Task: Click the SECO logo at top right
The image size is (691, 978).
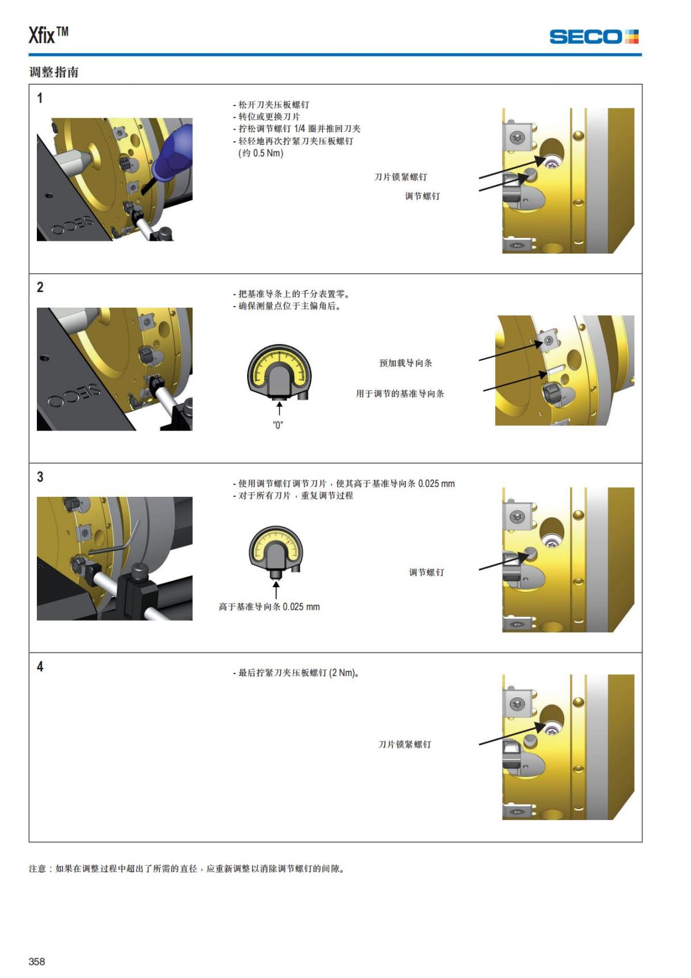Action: pos(593,37)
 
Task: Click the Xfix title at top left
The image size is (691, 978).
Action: pos(48,35)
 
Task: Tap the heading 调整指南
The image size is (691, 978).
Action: pos(54,73)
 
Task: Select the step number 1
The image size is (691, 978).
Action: pos(40,99)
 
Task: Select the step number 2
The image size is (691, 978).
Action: pos(40,288)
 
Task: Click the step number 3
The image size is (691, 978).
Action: pos(40,477)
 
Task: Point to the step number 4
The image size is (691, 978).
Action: pos(40,667)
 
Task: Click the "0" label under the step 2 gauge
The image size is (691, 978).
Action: pos(278,425)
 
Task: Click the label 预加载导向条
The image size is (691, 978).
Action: pos(405,363)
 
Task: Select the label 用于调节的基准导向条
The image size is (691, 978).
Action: pos(400,394)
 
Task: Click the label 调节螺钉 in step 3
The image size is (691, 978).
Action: pos(426,572)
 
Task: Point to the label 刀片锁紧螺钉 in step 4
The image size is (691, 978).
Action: pos(404,745)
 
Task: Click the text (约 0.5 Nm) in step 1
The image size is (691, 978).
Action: pos(261,153)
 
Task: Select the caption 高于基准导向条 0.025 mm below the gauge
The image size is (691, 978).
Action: pos(269,607)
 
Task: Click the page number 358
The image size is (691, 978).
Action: pos(37,961)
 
